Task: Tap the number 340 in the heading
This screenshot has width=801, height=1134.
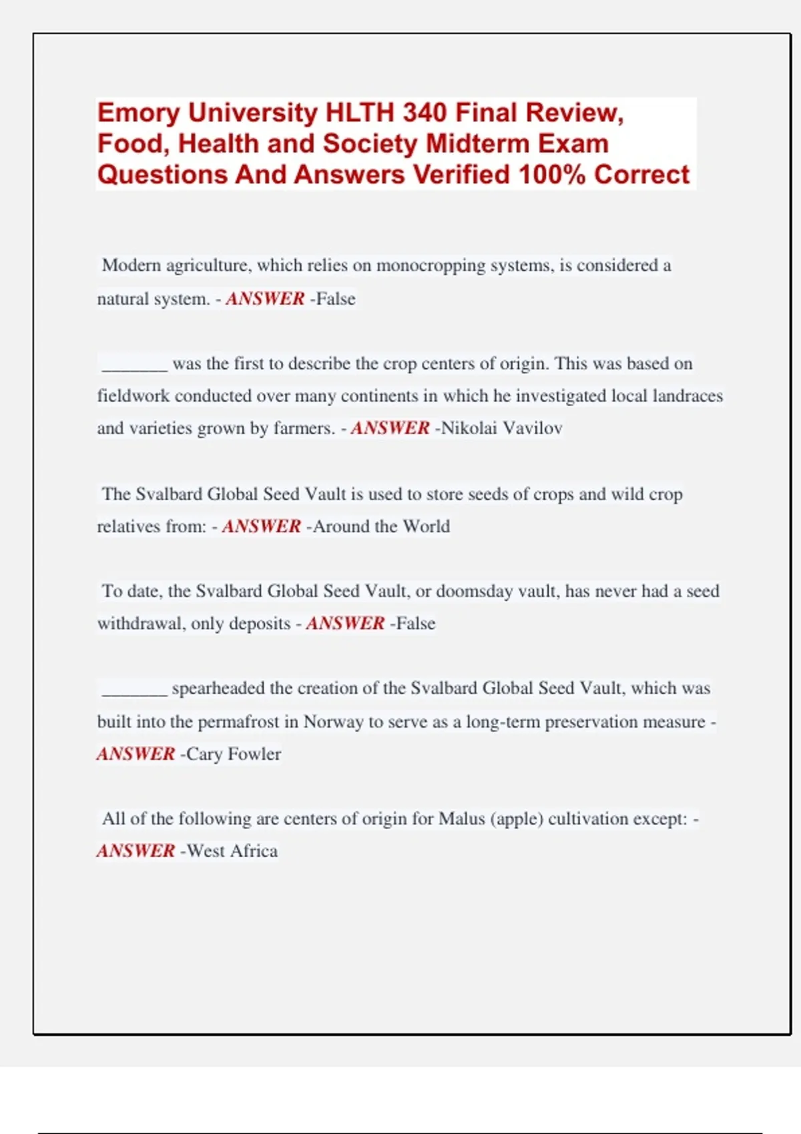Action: click(425, 113)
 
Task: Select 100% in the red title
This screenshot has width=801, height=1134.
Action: click(552, 175)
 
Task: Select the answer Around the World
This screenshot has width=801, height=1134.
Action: click(381, 526)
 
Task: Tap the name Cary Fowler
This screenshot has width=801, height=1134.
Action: click(234, 754)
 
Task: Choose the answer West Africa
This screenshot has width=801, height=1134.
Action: click(232, 851)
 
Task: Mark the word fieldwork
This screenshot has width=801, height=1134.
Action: click(133, 396)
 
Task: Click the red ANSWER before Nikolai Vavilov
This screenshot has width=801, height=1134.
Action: click(390, 428)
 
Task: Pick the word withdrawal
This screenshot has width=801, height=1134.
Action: click(140, 624)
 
